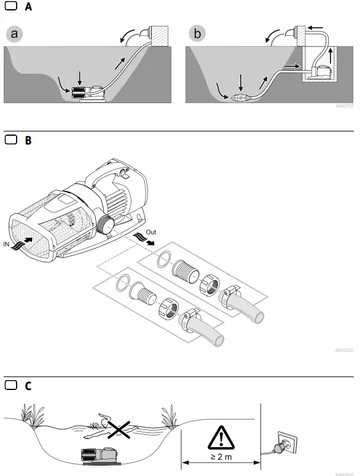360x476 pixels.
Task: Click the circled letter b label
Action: click(197, 34)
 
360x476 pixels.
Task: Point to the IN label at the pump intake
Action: click(7, 245)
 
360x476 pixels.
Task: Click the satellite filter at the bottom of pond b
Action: click(240, 97)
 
